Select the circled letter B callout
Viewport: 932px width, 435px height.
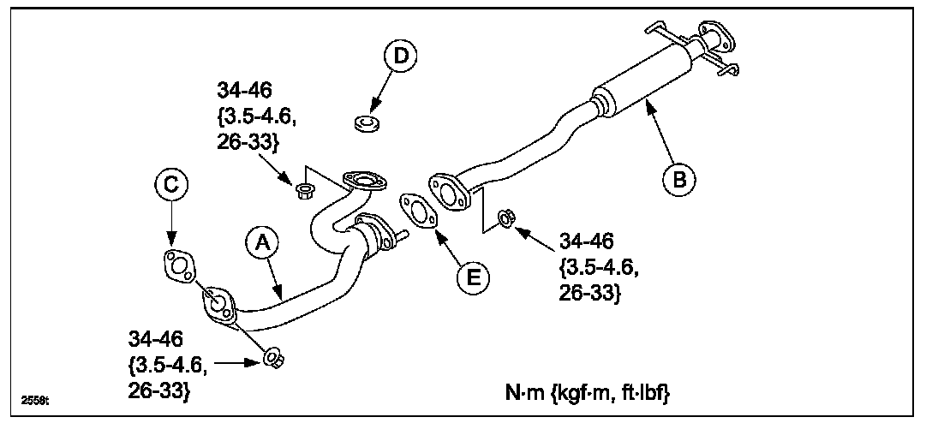pyautogui.click(x=678, y=180)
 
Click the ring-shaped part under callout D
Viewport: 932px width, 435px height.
pyautogui.click(x=367, y=122)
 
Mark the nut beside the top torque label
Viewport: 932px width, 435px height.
pyautogui.click(x=302, y=189)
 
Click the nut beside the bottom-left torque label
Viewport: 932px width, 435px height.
pyautogui.click(x=273, y=359)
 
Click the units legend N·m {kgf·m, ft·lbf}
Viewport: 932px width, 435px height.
pyautogui.click(x=587, y=394)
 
